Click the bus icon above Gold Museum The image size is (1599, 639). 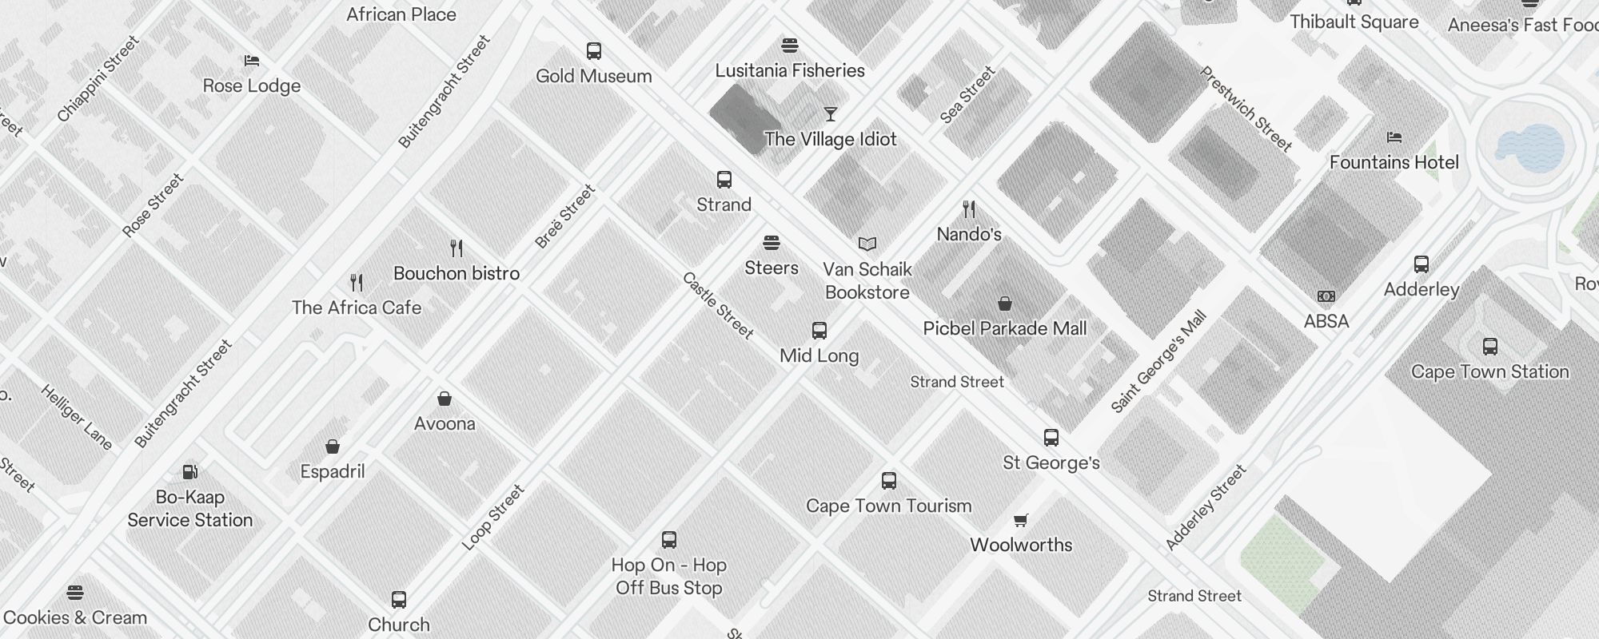tap(593, 51)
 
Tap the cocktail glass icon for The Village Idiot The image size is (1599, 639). tap(831, 114)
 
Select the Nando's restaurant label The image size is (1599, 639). tap(969, 234)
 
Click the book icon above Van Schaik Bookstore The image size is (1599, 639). tap(867, 244)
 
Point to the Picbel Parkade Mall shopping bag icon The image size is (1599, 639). tap(1005, 304)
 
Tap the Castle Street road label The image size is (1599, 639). tap(718, 305)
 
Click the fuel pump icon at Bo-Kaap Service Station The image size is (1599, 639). tap(190, 472)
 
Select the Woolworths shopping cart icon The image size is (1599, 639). tap(1020, 521)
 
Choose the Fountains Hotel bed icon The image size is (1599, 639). tap(1394, 137)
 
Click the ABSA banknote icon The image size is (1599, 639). tap(1326, 296)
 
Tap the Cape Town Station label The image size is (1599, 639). tap(1489, 371)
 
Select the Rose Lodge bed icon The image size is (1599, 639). tap(252, 61)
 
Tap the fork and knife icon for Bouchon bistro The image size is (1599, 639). tap(457, 248)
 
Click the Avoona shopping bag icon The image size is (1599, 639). tap(445, 399)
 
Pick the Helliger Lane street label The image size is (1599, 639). tap(77, 417)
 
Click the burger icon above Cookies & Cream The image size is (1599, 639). tap(75, 593)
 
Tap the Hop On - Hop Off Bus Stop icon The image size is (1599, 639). tap(669, 540)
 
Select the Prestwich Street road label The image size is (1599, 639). tap(1246, 109)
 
